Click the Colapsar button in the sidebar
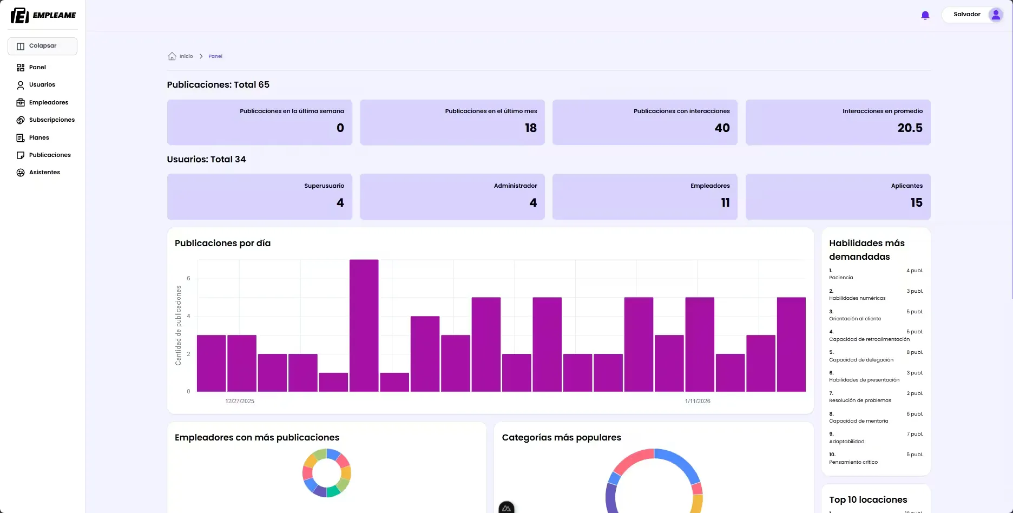click(42, 46)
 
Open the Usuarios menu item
click(42, 85)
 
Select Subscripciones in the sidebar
click(51, 120)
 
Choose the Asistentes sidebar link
click(44, 173)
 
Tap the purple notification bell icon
click(925, 15)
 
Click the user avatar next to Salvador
click(996, 15)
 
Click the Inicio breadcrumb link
click(186, 56)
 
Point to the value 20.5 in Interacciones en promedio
click(910, 128)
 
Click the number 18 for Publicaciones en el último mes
click(530, 128)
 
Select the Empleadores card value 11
click(725, 203)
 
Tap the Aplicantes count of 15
click(916, 203)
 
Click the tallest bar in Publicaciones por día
click(364, 325)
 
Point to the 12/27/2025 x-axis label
click(240, 402)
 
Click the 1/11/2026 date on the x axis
click(698, 402)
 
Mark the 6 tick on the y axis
click(188, 278)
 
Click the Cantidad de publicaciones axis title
click(178, 325)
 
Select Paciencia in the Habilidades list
click(841, 278)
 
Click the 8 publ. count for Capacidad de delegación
click(915, 352)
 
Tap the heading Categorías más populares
click(561, 438)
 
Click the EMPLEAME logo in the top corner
click(43, 15)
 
